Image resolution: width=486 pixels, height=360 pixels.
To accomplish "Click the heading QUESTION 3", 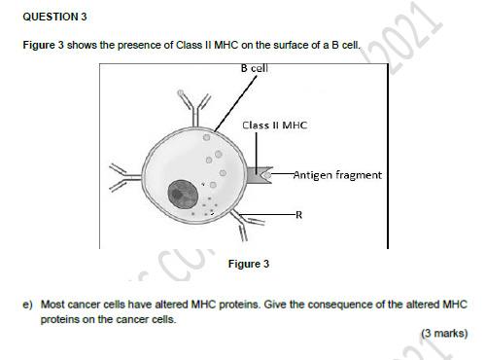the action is [54, 17].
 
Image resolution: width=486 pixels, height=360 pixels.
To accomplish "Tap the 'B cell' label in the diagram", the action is [254, 68].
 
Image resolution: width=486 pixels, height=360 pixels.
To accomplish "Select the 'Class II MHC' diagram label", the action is [275, 126].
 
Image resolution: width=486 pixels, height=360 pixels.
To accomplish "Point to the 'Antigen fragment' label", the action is [336, 175].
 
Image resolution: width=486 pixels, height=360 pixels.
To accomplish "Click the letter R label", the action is [298, 214].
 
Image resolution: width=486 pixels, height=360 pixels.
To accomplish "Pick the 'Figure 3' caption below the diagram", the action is [248, 264].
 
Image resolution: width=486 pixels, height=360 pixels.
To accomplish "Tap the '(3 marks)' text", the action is [443, 333].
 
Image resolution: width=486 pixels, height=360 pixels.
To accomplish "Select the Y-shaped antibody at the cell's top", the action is [192, 102].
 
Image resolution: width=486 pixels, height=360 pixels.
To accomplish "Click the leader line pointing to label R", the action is [277, 213].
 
